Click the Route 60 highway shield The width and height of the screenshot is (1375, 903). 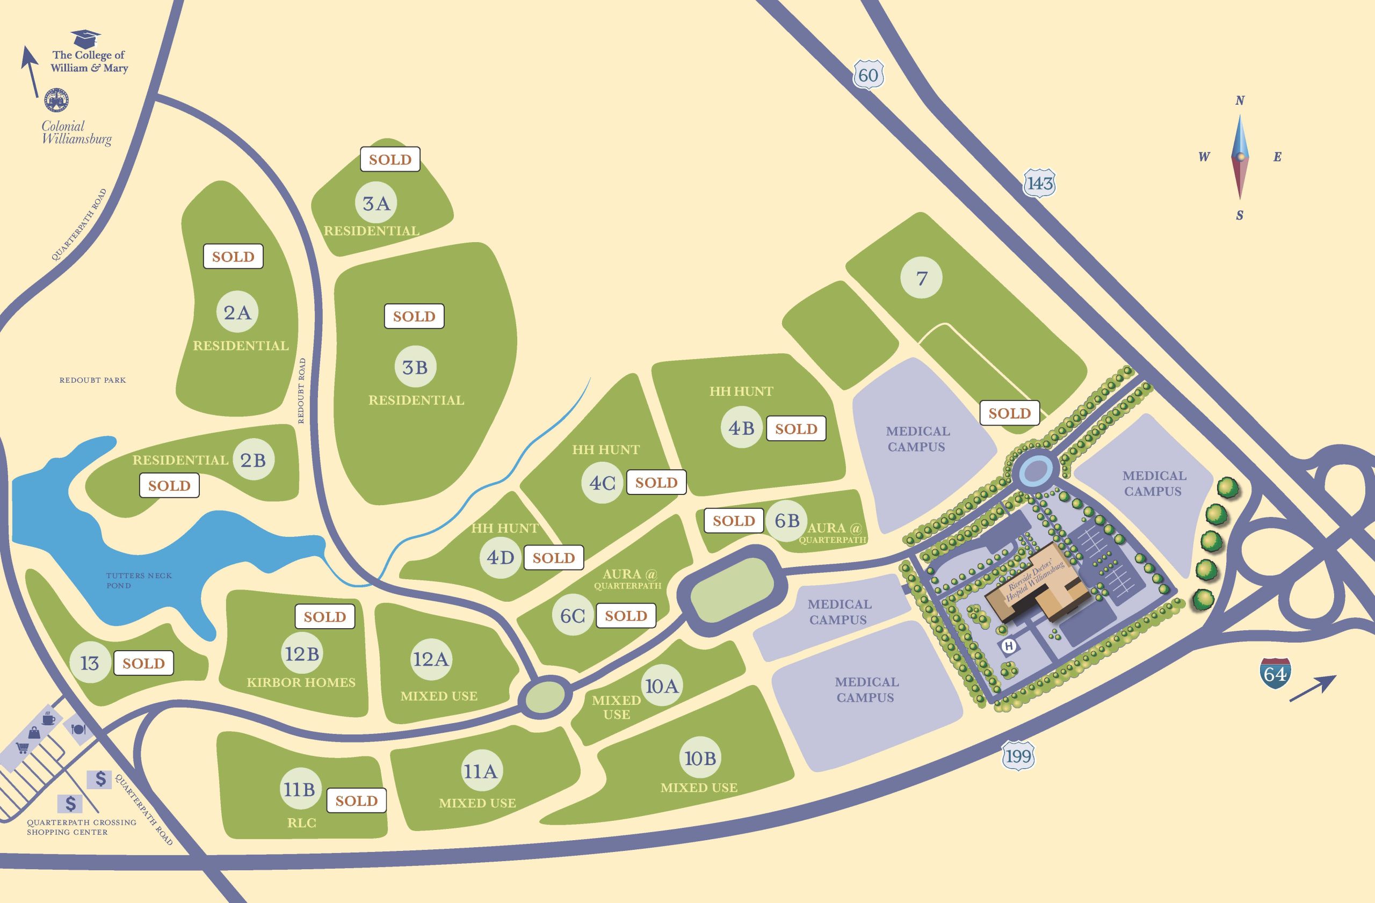[868, 75]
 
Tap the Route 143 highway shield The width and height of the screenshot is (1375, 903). [1040, 184]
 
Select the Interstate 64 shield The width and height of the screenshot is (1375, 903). [1275, 673]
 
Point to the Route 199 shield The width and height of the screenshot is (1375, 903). [1018, 756]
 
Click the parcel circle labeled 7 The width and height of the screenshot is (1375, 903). [922, 278]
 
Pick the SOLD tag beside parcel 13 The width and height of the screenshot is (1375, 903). [143, 663]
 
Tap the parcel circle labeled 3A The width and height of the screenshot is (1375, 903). [376, 203]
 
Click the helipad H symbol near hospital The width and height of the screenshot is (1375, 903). [1009, 646]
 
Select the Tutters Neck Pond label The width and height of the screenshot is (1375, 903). [139, 580]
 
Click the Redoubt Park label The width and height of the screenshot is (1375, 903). [92, 380]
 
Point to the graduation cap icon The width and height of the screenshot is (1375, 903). [85, 39]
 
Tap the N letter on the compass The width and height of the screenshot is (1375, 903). [1239, 101]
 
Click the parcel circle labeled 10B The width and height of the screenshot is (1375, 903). [700, 758]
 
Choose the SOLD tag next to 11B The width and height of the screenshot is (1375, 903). [357, 800]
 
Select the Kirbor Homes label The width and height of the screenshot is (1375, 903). [301, 682]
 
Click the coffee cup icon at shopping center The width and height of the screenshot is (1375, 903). [48, 719]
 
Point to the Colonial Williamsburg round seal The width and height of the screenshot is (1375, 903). [56, 100]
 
